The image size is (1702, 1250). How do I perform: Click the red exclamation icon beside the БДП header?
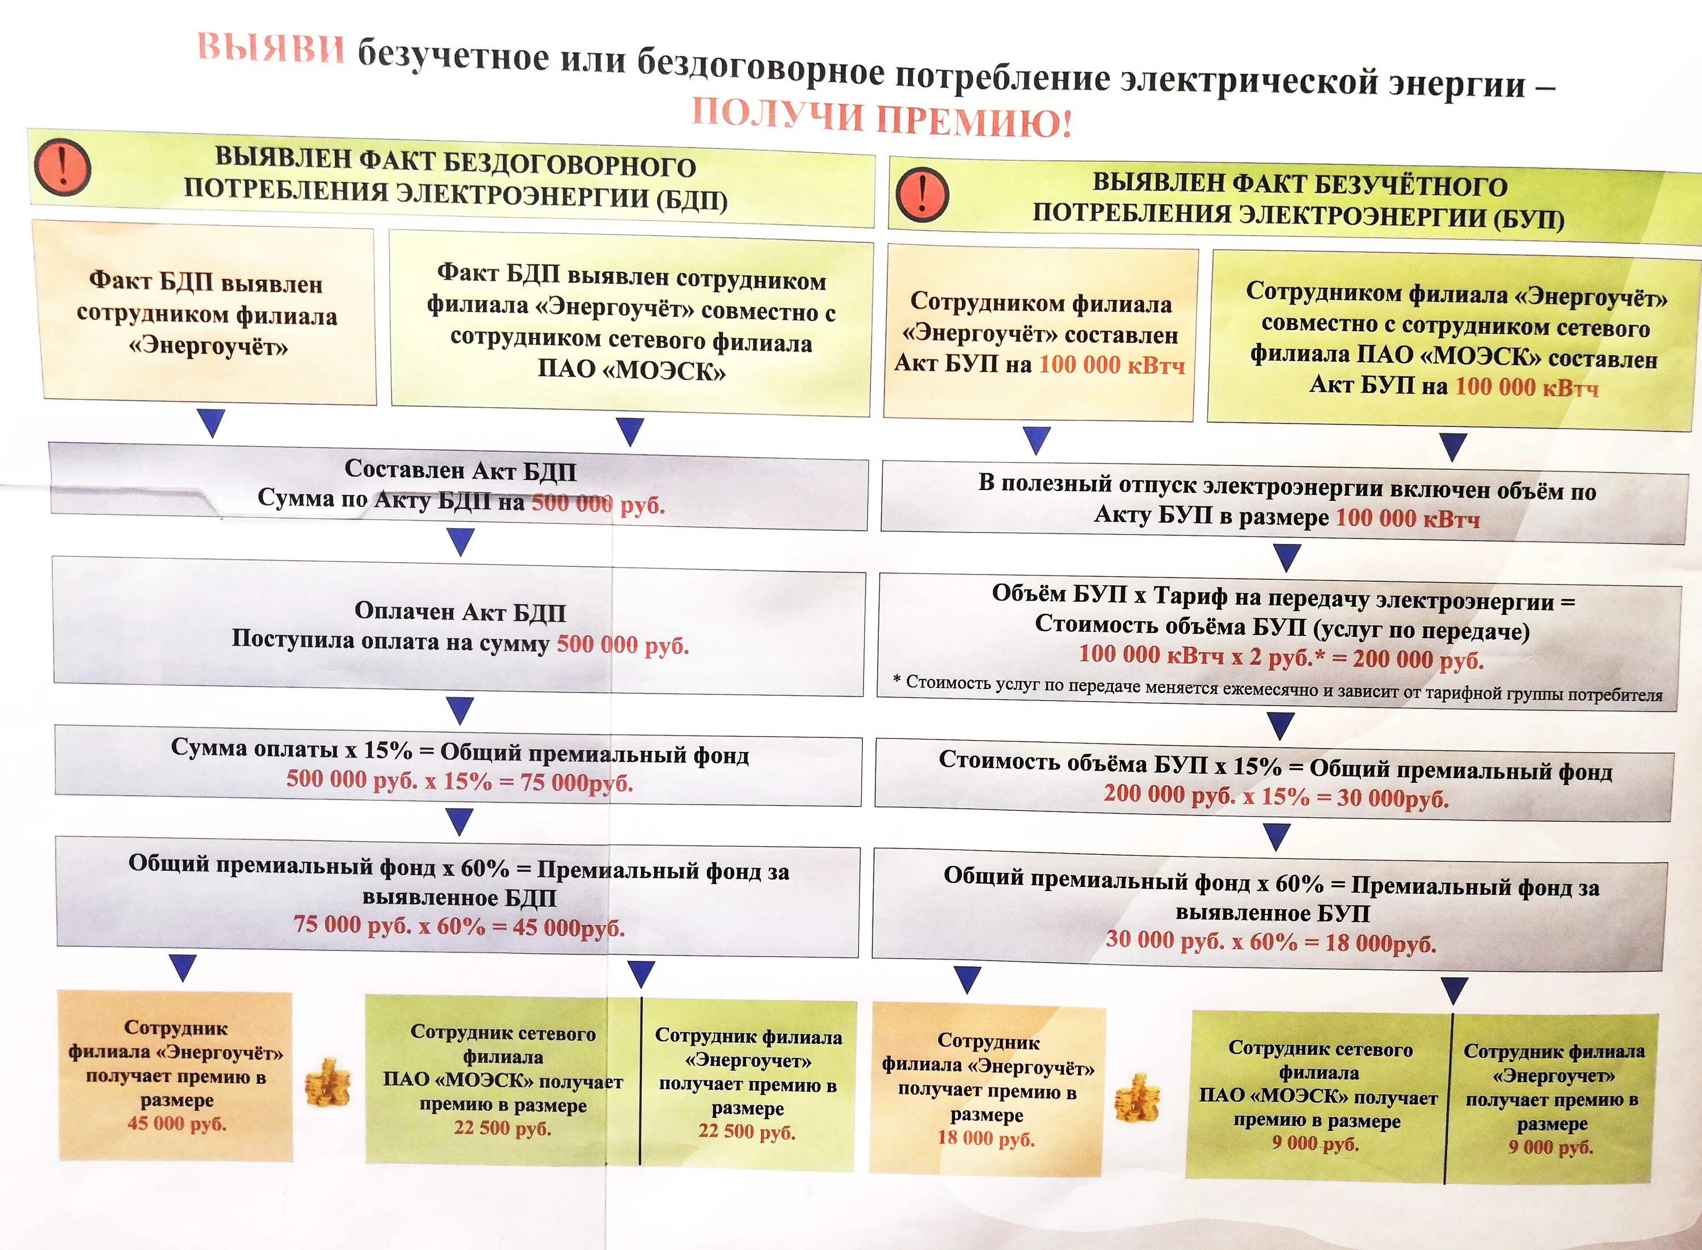tap(63, 167)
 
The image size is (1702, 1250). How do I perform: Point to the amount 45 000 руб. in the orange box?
tap(176, 1124)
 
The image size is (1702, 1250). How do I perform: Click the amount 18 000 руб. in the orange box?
tap(985, 1138)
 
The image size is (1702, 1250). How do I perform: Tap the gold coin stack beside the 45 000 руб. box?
tap(328, 1083)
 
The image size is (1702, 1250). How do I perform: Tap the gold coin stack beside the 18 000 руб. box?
tap(1138, 1098)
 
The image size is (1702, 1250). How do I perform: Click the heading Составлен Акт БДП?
tap(460, 470)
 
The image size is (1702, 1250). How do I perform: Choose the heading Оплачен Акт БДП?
tap(460, 611)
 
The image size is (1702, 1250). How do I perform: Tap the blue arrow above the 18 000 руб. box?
tap(966, 979)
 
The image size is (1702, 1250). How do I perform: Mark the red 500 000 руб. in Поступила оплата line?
tap(622, 645)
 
